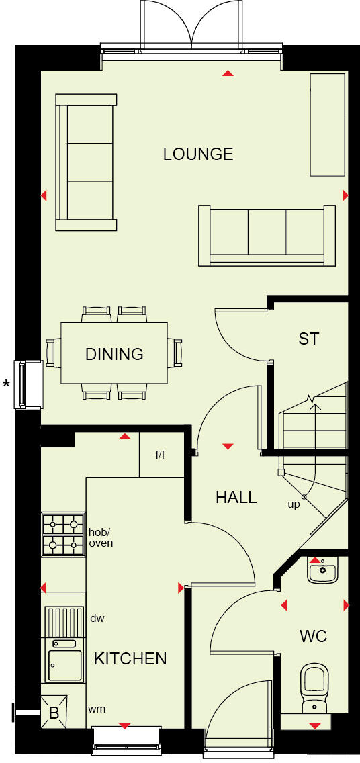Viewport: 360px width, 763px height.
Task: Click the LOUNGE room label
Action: point(198,154)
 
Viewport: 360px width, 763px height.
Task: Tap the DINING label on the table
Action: point(114,353)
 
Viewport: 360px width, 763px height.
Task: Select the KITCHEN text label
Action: point(130,658)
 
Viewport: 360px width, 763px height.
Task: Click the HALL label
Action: point(236,497)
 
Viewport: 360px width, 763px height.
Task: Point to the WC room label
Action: point(314,635)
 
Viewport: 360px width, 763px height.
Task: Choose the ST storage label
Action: point(308,339)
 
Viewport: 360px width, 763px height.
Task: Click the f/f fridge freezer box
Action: point(161,455)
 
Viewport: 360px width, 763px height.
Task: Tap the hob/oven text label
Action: point(101,537)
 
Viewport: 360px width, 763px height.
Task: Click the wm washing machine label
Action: point(97,709)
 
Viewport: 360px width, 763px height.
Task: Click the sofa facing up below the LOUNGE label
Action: point(267,235)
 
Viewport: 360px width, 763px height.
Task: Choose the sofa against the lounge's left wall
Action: point(85,162)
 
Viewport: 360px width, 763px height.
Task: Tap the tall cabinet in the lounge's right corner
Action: point(327,124)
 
